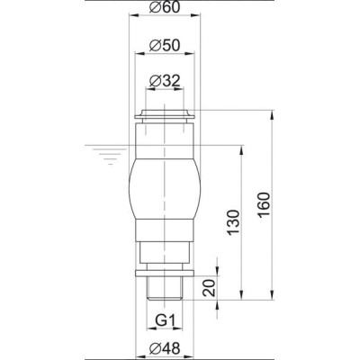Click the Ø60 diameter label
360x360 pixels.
coord(165,7)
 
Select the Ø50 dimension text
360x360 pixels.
coord(165,46)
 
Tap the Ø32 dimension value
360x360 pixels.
coord(165,81)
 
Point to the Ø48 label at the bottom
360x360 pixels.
coord(165,348)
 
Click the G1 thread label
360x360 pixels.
coord(165,320)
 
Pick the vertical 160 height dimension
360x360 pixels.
coord(264,204)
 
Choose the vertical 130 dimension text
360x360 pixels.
coord(234,222)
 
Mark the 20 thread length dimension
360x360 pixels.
coord(209,288)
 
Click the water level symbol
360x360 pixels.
coord(111,156)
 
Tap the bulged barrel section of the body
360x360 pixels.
coord(165,189)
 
